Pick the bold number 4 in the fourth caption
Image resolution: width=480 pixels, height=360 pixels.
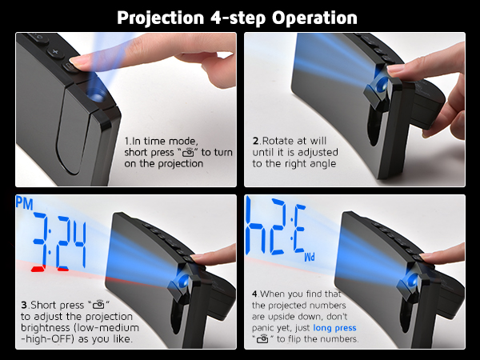coord(254,294)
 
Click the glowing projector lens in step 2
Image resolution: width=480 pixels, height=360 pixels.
coord(379,82)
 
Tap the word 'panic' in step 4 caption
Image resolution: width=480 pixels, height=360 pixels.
coord(266,326)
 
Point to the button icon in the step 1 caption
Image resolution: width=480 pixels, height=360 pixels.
coord(188,152)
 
